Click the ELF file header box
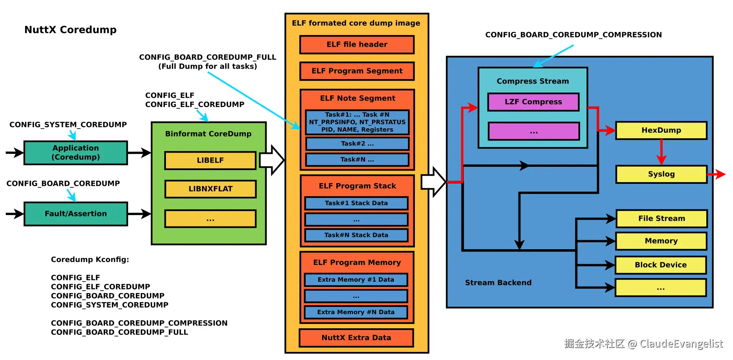pos(357,45)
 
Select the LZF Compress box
pos(533,102)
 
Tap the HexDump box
pos(661,130)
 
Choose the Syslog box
pos(661,174)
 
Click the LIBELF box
pos(210,160)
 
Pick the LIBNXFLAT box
pos(210,189)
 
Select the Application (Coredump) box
pos(75,153)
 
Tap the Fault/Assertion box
pos(75,214)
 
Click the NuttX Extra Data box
pos(356,338)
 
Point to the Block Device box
pos(660,265)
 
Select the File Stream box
pos(661,218)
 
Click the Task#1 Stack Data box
pos(356,203)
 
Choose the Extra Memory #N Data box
pos(356,312)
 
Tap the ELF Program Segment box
pos(357,71)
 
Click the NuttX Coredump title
pos(70,30)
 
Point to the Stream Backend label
pos(498,282)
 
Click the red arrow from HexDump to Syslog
pos(661,152)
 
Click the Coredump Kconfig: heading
pos(90,259)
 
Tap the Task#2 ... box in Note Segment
pos(357,144)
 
